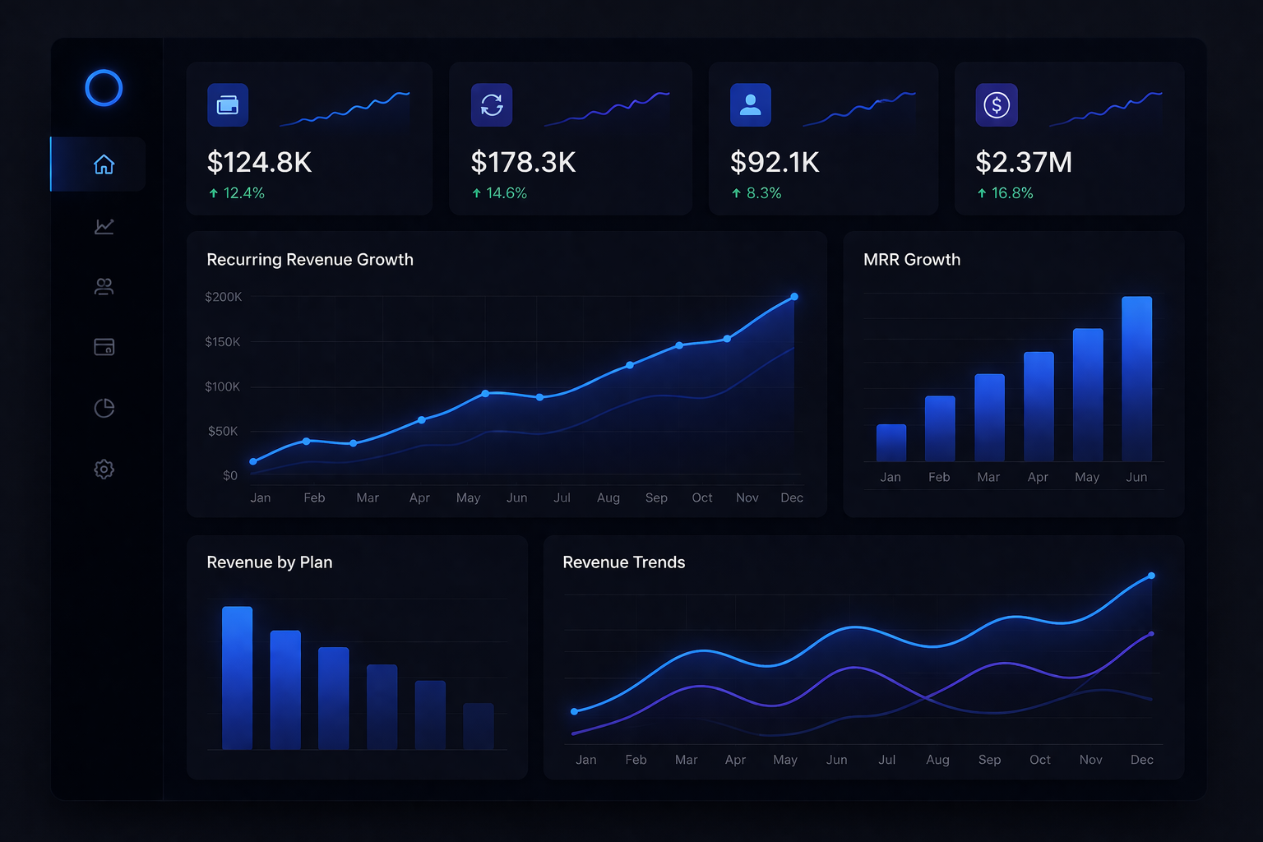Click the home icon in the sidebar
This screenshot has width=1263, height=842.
pyautogui.click(x=104, y=164)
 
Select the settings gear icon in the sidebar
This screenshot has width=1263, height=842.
pyautogui.click(x=104, y=470)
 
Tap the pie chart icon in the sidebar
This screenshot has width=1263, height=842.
pyautogui.click(x=104, y=408)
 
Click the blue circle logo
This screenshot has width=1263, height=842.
pyautogui.click(x=104, y=88)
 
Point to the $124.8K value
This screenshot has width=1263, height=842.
pyautogui.click(x=259, y=162)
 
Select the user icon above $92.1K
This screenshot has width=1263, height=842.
pyautogui.click(x=750, y=104)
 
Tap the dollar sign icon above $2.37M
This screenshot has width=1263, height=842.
pyautogui.click(x=997, y=104)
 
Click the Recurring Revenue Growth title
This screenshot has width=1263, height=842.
pyautogui.click(x=310, y=260)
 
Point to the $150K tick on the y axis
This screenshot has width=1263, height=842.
pyautogui.click(x=223, y=341)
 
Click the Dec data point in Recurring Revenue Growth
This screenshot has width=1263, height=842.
pyautogui.click(x=794, y=297)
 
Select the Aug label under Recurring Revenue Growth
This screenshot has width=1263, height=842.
pyautogui.click(x=608, y=497)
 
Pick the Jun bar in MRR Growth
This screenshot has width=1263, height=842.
pyautogui.click(x=1136, y=378)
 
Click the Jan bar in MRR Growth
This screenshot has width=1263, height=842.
pyautogui.click(x=891, y=442)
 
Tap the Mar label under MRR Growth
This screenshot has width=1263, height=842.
pyautogui.click(x=988, y=477)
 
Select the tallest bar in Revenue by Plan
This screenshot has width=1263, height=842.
pyautogui.click(x=237, y=678)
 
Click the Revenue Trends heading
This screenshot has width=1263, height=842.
pyautogui.click(x=623, y=562)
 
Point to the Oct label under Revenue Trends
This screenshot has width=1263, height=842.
pyautogui.click(x=1040, y=760)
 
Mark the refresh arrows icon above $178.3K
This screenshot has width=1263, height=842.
pyautogui.click(x=492, y=104)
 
